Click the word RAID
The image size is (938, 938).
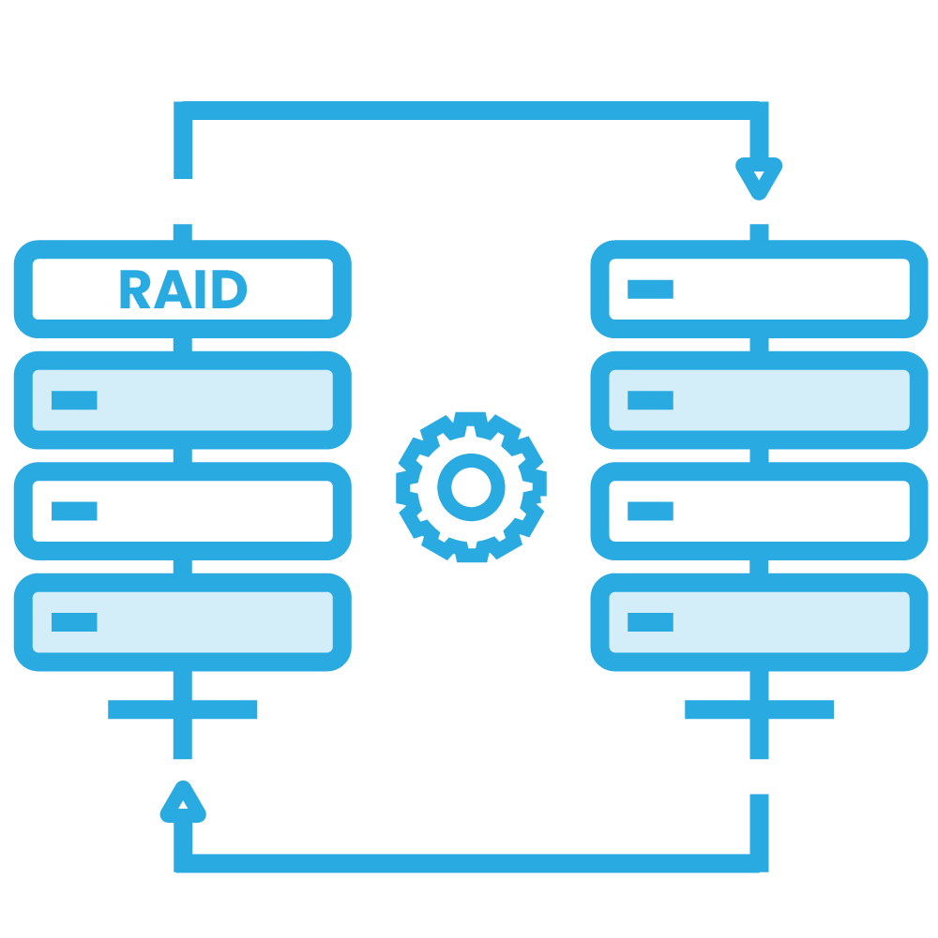[183, 290]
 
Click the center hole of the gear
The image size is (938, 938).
[471, 485]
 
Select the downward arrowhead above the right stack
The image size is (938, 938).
[759, 178]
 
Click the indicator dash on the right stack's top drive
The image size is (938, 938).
[650, 290]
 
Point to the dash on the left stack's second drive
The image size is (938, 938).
[74, 400]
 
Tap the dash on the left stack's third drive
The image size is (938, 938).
[74, 511]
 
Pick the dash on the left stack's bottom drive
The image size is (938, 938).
[74, 621]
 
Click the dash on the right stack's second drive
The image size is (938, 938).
[650, 400]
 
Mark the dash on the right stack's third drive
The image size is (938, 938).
[650, 511]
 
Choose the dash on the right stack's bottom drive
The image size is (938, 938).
[650, 621]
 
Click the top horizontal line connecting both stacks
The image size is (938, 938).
[469, 111]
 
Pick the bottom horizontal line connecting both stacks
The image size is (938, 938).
[469, 863]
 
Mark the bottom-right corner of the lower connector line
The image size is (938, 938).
[759, 862]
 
